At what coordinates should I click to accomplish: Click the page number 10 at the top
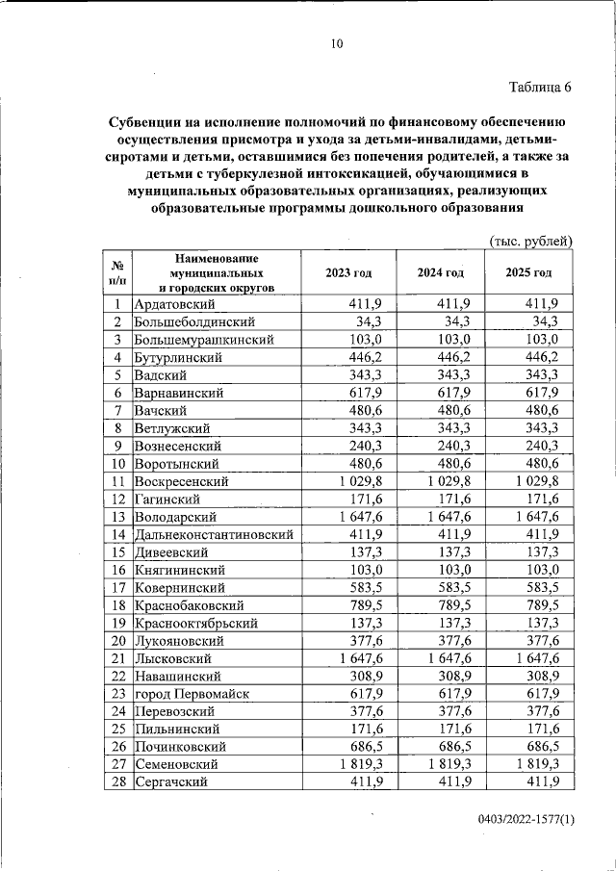click(336, 43)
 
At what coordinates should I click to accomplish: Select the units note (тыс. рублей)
click(531, 240)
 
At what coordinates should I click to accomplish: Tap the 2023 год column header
click(350, 273)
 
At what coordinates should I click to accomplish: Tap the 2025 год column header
click(528, 273)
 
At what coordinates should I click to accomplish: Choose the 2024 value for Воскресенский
click(444, 481)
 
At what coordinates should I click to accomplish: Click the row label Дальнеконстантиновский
click(214, 534)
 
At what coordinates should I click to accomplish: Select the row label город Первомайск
click(193, 693)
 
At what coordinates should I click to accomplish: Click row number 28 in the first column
click(118, 781)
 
